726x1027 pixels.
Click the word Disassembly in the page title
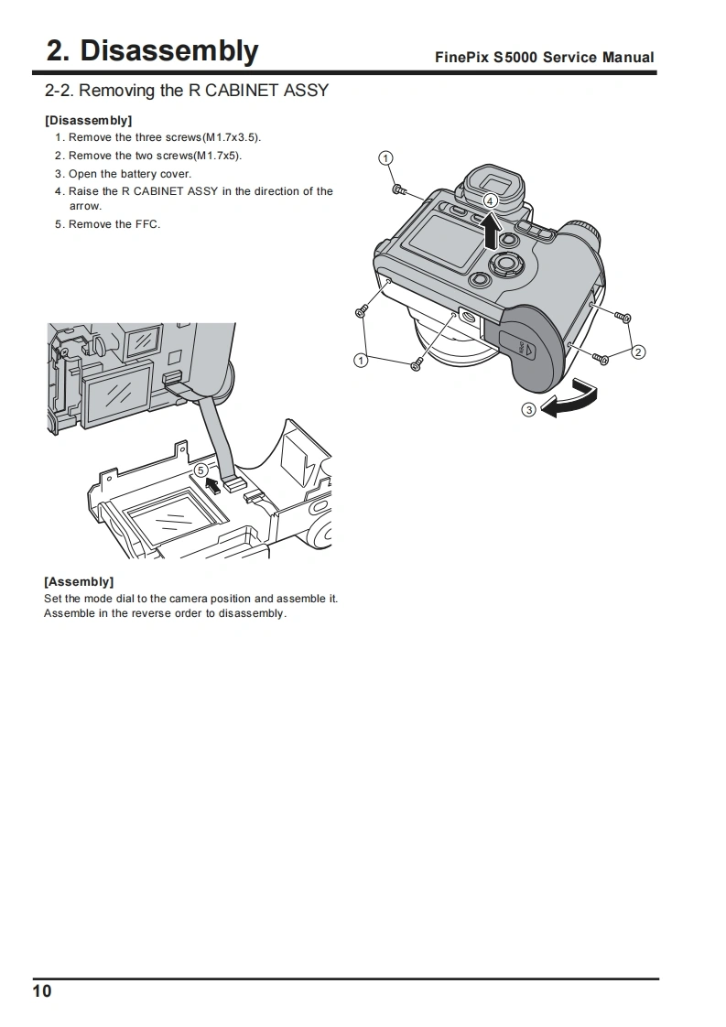pyautogui.click(x=169, y=50)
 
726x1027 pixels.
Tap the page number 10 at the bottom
pyautogui.click(x=42, y=991)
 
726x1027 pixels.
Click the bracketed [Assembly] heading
pyautogui.click(x=79, y=581)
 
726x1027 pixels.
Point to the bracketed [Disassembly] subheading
pyautogui.click(x=88, y=120)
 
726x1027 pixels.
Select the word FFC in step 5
pyautogui.click(x=147, y=224)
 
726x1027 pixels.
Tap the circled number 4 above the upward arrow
pyautogui.click(x=491, y=200)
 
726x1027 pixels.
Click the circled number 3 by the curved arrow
pyautogui.click(x=528, y=409)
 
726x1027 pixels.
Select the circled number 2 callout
pyautogui.click(x=638, y=351)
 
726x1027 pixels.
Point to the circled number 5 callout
pyautogui.click(x=200, y=470)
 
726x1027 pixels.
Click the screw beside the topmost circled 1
pyautogui.click(x=398, y=189)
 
